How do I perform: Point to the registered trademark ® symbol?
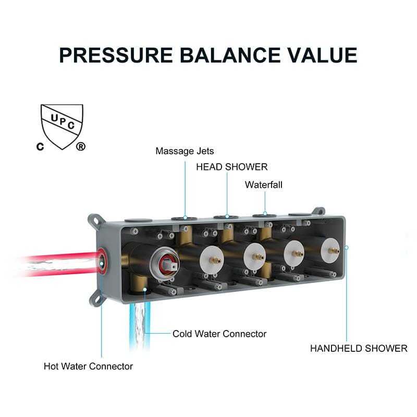(x=80, y=146)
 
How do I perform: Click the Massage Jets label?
(x=185, y=151)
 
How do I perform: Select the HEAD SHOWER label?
(x=231, y=167)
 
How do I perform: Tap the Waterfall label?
(x=264, y=185)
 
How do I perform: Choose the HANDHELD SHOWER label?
(x=359, y=348)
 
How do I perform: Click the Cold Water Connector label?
(x=219, y=334)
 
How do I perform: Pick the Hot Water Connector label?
(x=88, y=366)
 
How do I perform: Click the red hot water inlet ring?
(x=102, y=260)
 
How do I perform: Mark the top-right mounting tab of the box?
(x=317, y=212)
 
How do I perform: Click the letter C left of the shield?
(x=39, y=146)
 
